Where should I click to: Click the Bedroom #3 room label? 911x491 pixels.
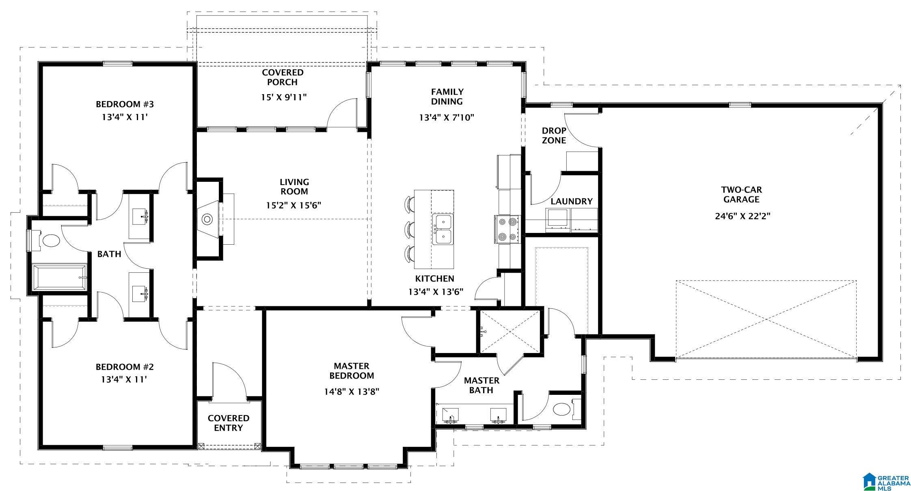pos(125,104)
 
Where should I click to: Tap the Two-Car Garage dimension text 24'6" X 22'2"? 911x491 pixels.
pos(742,216)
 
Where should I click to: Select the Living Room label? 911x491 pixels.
pos(294,187)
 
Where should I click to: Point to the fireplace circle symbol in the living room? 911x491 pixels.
pos(207,220)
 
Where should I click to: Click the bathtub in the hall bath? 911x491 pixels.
pos(60,278)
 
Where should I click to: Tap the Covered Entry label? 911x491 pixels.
pos(228,423)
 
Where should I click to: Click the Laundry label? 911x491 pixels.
pos(572,201)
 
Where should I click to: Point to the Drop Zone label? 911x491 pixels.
pos(554,136)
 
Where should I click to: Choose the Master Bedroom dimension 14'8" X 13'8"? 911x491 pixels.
pos(352,392)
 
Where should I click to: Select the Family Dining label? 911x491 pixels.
pos(447,97)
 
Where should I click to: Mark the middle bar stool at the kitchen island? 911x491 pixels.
pos(409,229)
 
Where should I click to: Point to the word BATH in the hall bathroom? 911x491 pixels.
pos(109,254)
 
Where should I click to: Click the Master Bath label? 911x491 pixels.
pos(481,385)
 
